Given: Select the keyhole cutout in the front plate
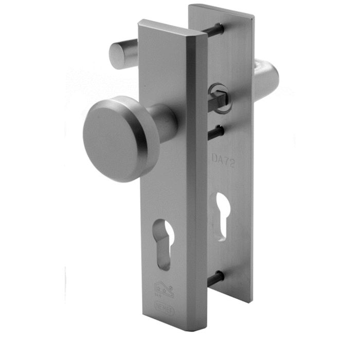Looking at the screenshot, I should point(165,246).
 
